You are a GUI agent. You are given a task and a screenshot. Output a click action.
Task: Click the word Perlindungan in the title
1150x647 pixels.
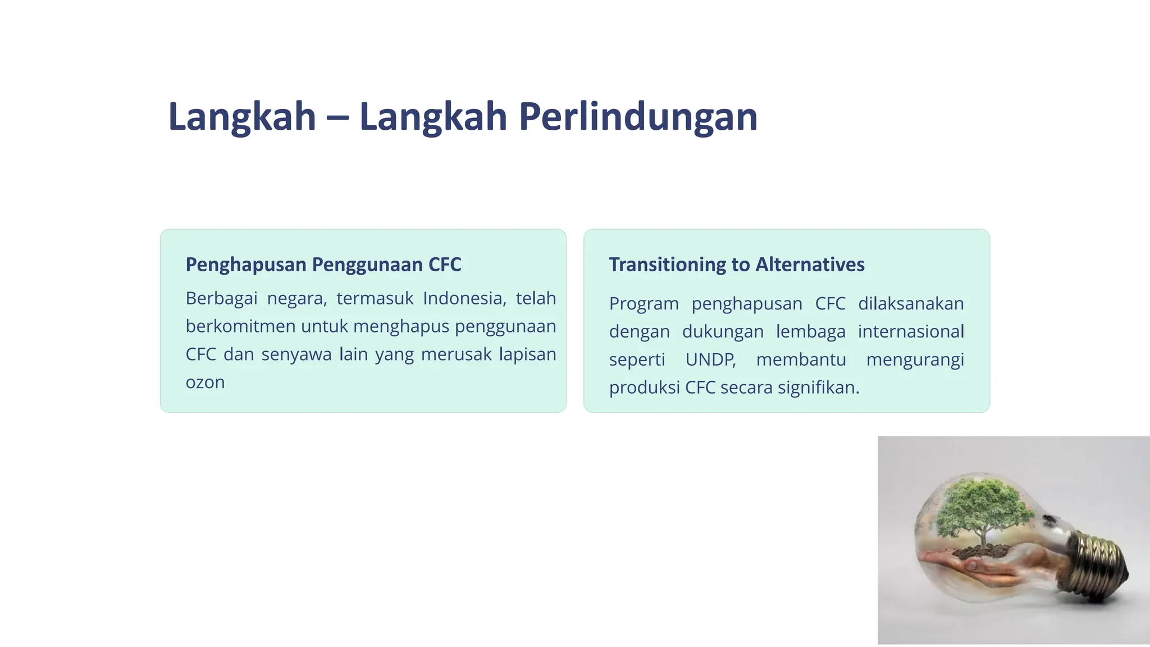[x=638, y=117]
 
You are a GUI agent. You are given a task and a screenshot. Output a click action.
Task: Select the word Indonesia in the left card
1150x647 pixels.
[x=464, y=298]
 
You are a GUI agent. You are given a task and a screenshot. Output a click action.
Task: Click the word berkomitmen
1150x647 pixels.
[x=240, y=326]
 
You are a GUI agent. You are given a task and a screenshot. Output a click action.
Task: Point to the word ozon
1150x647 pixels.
[x=205, y=382]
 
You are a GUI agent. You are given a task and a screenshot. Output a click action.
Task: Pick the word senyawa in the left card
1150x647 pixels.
[x=296, y=355]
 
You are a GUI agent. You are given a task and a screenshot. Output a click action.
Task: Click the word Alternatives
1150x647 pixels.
[x=810, y=265]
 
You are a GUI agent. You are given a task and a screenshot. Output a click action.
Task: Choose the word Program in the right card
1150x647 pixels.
[x=644, y=304]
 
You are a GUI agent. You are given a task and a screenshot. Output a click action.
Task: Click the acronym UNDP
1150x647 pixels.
[x=710, y=359]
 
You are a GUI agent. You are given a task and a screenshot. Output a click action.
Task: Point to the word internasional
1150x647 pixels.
[x=910, y=331]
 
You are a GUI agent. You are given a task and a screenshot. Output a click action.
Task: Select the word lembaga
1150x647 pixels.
[x=810, y=331]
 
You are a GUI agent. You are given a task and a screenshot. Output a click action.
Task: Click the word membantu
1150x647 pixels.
[x=801, y=359]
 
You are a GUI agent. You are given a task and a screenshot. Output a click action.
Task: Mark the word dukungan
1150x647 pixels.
[x=723, y=332]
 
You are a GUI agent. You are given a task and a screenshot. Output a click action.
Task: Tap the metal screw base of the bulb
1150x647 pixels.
[x=1098, y=564]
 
